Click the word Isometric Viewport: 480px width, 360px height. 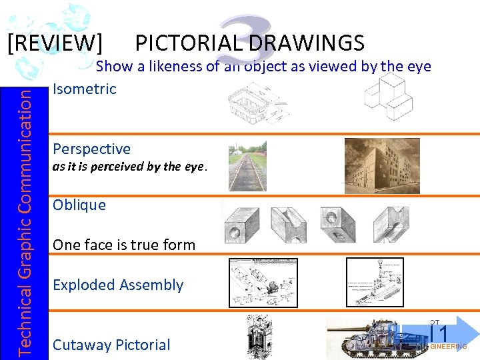coord(84,89)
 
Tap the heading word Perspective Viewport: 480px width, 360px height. coord(91,149)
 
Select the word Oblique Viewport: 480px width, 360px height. coord(79,205)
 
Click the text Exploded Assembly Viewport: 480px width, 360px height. coord(117,285)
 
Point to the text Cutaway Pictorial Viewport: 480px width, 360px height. coord(111,345)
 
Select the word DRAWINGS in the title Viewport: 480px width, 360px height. coord(307,43)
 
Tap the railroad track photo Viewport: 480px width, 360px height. coord(247,166)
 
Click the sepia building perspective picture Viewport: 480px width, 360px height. coord(381,165)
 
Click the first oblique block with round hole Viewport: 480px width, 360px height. coord(243,225)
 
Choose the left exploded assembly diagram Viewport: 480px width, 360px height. coord(263,283)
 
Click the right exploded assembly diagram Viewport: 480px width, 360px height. coord(375,283)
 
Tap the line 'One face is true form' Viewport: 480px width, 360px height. coord(123,245)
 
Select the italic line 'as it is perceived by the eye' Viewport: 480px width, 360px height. coord(129,167)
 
